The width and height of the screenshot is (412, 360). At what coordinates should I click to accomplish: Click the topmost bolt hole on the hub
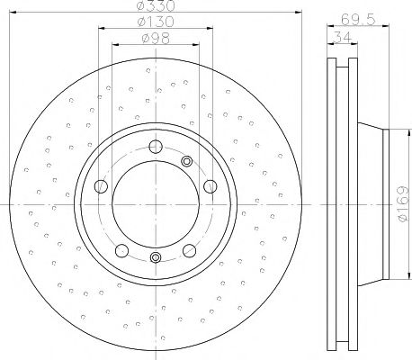[155, 148]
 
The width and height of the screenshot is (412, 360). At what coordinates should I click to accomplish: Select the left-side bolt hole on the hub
[101, 186]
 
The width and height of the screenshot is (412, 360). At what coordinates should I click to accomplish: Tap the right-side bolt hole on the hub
[210, 186]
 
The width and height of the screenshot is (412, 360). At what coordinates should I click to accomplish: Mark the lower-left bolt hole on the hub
[121, 249]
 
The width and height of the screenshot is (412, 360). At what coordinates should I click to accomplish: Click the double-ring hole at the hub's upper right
[187, 161]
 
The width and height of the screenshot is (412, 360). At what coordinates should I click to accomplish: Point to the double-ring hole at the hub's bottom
[155, 258]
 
